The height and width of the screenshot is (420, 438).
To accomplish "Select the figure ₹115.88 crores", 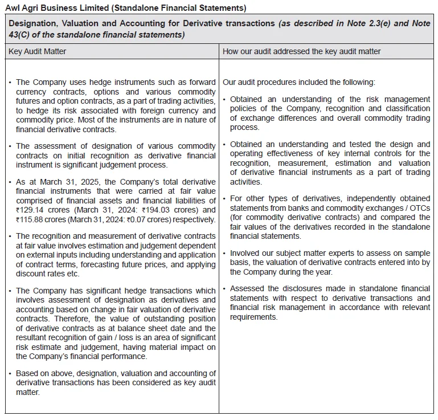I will coord(40,219).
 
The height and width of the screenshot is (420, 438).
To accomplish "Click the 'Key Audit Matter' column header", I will coord(37,51).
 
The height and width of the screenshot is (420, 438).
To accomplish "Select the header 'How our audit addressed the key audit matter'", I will coord(301,51).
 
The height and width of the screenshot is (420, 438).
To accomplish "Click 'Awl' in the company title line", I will coord(14,8).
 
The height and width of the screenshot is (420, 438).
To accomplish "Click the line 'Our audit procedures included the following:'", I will coord(299,83).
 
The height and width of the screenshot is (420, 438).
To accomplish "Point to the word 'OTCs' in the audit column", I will coord(419,207).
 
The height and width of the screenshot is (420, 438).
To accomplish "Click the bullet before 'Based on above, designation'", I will coord(11,373).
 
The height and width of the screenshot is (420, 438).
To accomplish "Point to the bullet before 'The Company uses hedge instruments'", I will coord(11,83).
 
